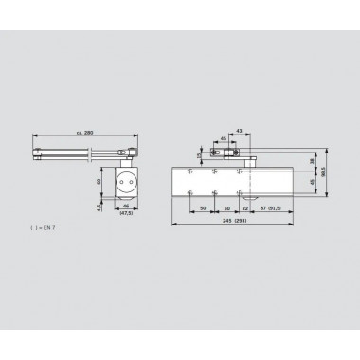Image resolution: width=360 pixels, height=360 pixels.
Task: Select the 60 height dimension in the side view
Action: pos(98,180)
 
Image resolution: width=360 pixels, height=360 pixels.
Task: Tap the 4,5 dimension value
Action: pos(98,202)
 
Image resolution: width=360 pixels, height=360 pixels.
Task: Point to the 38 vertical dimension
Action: pos(314,161)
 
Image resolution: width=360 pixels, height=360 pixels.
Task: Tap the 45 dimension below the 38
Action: pos(314,185)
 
